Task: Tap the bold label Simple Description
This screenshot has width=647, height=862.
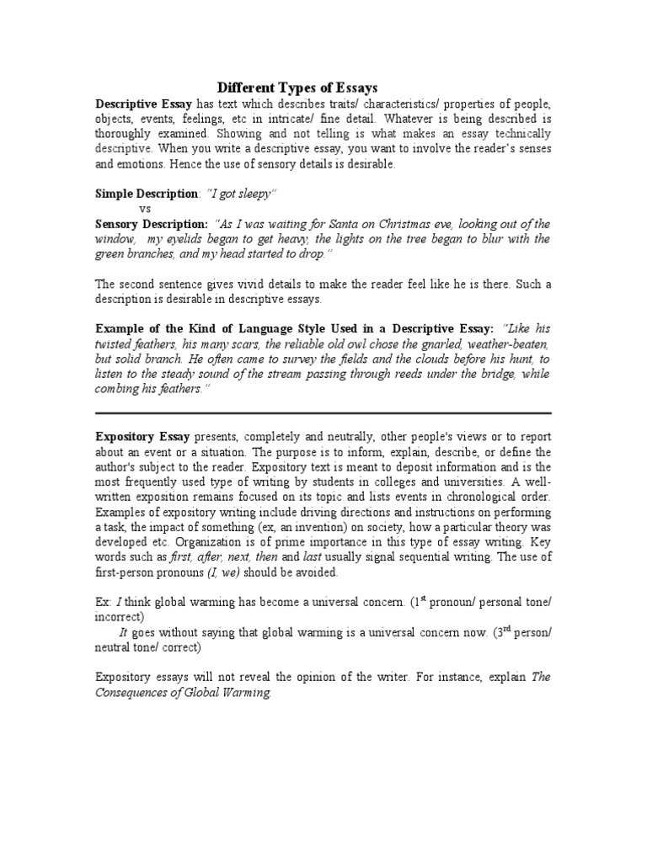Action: coord(146,194)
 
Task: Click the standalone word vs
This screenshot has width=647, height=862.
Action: coord(145,208)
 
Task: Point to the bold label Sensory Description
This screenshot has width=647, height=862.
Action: coord(151,224)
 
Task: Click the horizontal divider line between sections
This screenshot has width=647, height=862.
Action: coord(323,413)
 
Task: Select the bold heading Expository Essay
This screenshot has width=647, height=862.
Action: coord(142,438)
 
